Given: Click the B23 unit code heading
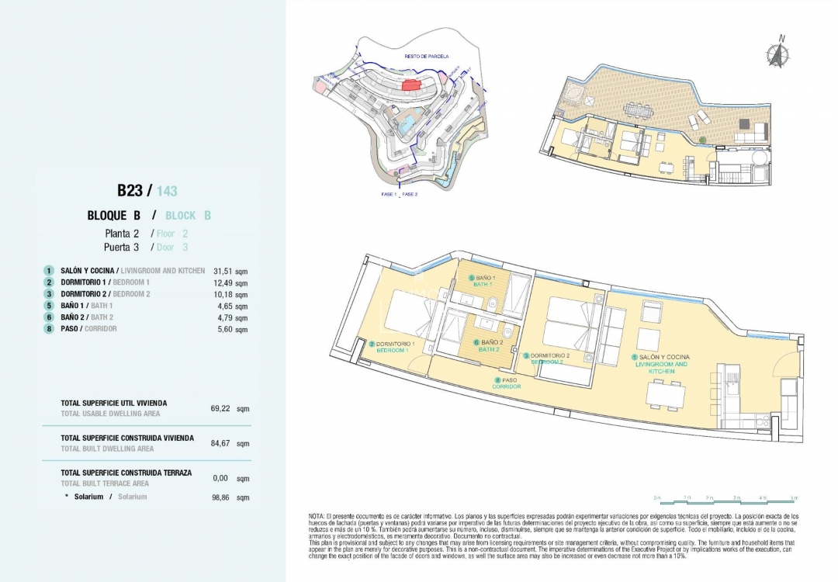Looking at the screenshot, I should coord(131,190).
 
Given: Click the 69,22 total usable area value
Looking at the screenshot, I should coord(220,408).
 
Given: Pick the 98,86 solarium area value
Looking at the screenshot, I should coord(220,497).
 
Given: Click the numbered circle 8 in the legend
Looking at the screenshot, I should coord(49,329).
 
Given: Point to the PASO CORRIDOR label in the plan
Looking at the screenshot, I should coord(506,383).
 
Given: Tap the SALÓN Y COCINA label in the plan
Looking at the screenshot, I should coord(660,357).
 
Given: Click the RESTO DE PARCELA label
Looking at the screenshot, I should coord(421,57).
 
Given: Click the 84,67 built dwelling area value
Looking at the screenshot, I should coord(220,444).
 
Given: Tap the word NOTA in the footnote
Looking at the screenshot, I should coord(317,516).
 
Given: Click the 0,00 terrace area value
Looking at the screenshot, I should coord(221,479).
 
